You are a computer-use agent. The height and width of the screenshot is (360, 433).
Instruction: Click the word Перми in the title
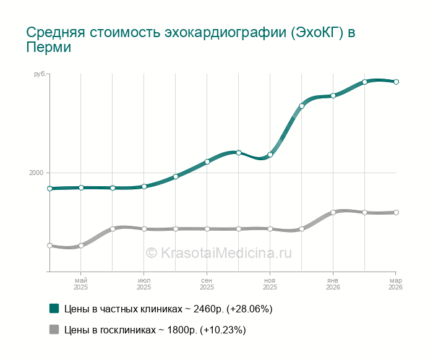pos(49,48)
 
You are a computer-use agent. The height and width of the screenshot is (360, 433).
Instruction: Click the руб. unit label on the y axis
pos(40,74)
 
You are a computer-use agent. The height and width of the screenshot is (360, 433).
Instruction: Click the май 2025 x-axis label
pos(81,284)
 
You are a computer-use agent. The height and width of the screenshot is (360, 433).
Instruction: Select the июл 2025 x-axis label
pos(144,284)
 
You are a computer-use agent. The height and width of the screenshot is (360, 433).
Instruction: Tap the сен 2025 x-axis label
pos(207,284)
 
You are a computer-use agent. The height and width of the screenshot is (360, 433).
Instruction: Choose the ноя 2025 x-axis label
pos(270,284)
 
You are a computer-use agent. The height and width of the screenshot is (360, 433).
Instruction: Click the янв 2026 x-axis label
pos(333,284)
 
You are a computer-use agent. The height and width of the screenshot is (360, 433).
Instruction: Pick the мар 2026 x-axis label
pos(396,284)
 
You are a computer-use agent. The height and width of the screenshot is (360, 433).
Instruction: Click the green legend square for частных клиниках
pos(54,308)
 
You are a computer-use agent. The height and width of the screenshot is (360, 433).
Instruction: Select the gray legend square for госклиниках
pos(54,330)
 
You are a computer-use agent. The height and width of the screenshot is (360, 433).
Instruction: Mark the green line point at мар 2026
pos(396,82)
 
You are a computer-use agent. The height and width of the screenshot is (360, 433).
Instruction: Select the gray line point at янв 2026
pos(333,212)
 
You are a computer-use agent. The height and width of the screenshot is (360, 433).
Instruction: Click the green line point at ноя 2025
pos(270,155)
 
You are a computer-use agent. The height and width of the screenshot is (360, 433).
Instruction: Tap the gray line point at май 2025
pos(81,246)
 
